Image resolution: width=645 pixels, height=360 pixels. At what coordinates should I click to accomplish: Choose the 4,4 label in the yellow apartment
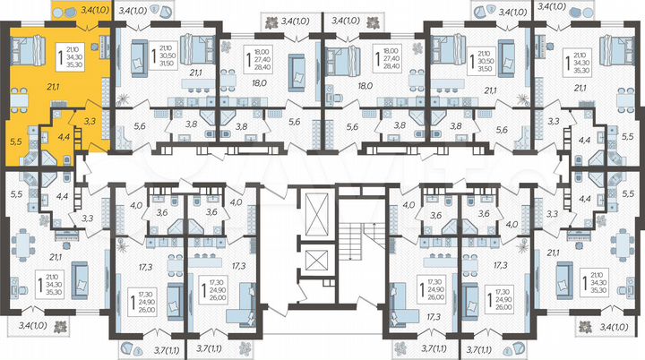[x=63, y=139]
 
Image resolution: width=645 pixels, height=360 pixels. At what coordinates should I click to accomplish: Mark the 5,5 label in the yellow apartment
[x=15, y=141]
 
